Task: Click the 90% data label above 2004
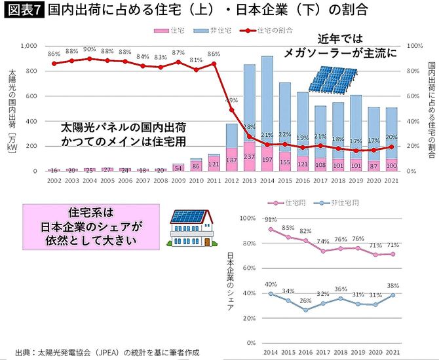point(90,50)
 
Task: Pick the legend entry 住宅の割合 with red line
point(265,31)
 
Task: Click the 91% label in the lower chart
point(271,219)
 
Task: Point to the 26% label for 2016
point(305,301)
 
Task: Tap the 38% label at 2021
point(393,285)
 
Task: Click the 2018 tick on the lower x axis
point(340,351)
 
